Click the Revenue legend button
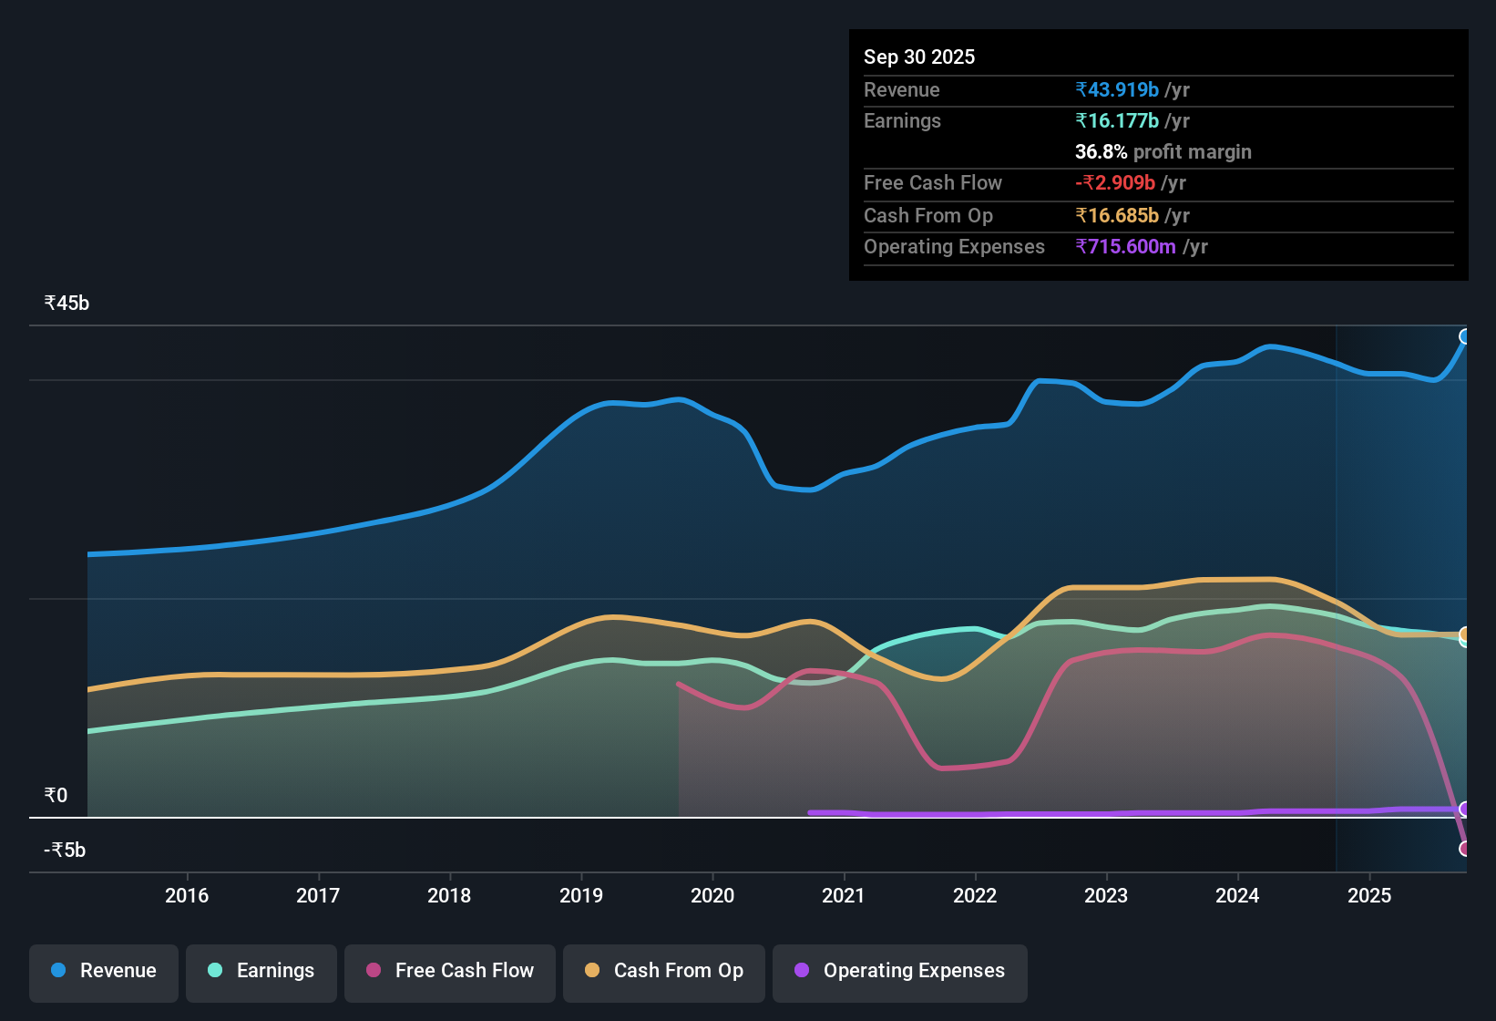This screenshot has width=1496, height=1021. coord(104,971)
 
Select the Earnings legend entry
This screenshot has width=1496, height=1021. coord(261,971)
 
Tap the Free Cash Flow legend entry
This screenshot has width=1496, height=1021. coord(450,971)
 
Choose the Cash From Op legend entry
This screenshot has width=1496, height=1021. coord(664,971)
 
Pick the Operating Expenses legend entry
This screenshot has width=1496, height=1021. coord(900,971)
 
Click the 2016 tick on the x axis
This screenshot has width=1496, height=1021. coord(187,895)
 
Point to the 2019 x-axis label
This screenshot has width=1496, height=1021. coord(581,895)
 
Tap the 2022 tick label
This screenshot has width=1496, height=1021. coord(975,895)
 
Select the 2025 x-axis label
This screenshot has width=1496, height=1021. coord(1369,895)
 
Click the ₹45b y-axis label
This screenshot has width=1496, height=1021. coord(67,304)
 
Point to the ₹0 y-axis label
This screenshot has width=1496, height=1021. coord(56,796)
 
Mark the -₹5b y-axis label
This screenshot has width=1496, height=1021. coord(65,851)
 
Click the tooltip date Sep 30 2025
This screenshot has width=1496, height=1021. coord(919,57)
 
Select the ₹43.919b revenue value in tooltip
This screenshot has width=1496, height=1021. coord(1117,89)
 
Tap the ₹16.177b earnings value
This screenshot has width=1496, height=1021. coord(1117,120)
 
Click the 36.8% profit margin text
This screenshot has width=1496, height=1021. coord(1163,151)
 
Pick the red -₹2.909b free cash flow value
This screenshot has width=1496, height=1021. coord(1115,182)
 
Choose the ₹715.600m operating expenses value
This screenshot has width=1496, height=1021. coord(1125,246)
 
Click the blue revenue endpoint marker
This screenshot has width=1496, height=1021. coord(1464,337)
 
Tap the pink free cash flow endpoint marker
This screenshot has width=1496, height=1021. coord(1464,849)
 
